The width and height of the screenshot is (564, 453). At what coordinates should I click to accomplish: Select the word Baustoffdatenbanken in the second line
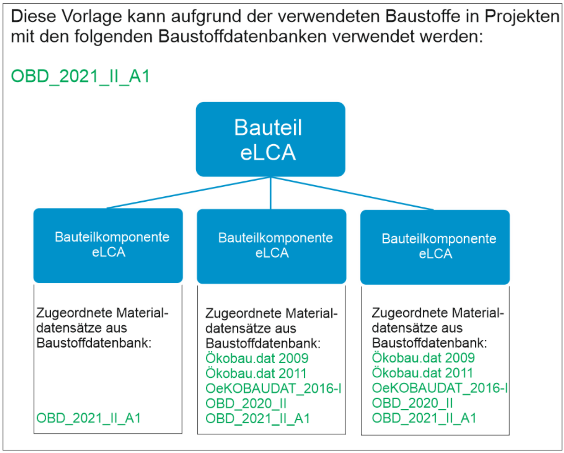click(243, 36)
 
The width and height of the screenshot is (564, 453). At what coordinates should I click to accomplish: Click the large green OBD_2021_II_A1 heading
click(80, 76)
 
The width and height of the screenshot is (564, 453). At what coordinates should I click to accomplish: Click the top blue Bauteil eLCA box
click(271, 139)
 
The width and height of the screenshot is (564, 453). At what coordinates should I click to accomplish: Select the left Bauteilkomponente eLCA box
click(108, 246)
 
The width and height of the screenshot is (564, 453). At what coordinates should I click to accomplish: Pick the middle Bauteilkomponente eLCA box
click(271, 246)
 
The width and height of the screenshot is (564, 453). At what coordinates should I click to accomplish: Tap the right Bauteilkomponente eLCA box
click(435, 247)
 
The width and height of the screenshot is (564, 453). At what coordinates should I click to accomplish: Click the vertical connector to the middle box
click(271, 193)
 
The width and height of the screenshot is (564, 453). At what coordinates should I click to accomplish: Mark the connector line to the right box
click(352, 193)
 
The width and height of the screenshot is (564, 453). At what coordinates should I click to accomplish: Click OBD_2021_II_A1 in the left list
click(88, 418)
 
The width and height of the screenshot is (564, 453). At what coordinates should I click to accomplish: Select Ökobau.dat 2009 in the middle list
click(257, 358)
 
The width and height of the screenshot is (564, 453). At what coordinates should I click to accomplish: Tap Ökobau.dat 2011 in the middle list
click(256, 373)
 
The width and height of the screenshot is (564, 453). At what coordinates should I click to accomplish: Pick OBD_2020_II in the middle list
click(246, 403)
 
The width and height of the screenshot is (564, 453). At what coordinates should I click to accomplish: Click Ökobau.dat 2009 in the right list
click(423, 358)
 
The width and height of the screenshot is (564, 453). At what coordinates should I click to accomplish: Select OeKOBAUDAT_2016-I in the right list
click(440, 388)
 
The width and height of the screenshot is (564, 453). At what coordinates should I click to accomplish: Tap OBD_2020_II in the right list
click(412, 403)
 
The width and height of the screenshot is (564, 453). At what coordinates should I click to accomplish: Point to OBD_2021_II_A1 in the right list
click(424, 418)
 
